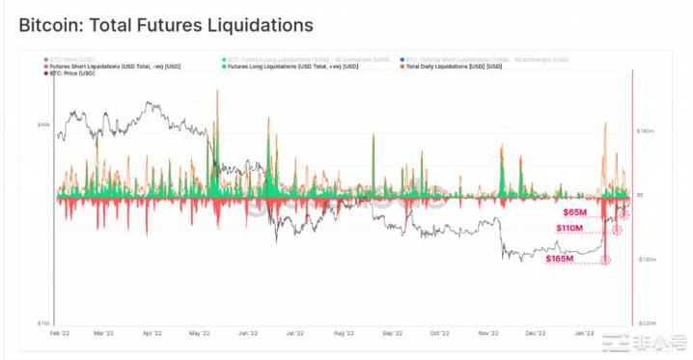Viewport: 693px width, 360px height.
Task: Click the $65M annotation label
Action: (575, 210)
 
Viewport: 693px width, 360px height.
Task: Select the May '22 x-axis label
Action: (199, 332)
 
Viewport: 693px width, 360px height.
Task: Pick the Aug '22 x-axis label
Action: (345, 332)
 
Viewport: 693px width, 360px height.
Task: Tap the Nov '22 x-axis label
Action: (487, 332)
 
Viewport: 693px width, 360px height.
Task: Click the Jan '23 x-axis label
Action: (584, 332)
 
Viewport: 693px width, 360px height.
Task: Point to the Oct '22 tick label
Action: (439, 332)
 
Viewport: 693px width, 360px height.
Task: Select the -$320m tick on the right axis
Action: (647, 323)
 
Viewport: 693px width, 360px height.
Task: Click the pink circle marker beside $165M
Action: (606, 260)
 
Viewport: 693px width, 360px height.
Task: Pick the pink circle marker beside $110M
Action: (618, 230)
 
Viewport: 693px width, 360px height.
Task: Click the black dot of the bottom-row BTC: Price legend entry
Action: (46, 72)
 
